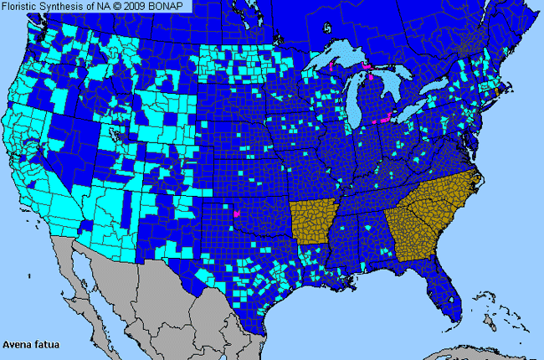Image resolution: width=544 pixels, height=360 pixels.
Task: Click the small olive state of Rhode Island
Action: tap(497, 90)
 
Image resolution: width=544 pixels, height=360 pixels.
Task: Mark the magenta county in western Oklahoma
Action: tap(237, 214)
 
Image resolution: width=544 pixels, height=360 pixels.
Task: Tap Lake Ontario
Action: tap(444, 86)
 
